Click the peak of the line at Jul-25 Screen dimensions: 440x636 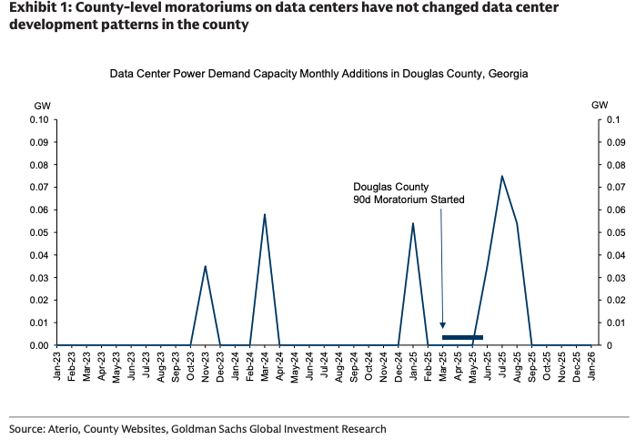pyautogui.click(x=501, y=176)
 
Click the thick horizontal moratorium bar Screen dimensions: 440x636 pyautogui.click(x=462, y=337)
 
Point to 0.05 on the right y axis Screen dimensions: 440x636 pyautogui.click(x=615, y=232)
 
